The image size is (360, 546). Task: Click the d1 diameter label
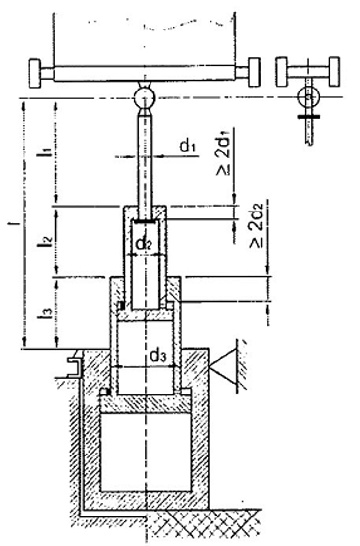pos(188,147)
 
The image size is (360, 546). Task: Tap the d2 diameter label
pos(144,244)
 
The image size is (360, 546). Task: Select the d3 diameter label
pos(158,356)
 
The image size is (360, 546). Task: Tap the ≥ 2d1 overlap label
pos(224,152)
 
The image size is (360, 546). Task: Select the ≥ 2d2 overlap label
pos(257,223)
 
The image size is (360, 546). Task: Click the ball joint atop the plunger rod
pos(145,98)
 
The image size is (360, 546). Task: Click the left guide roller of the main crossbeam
pos(35,73)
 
